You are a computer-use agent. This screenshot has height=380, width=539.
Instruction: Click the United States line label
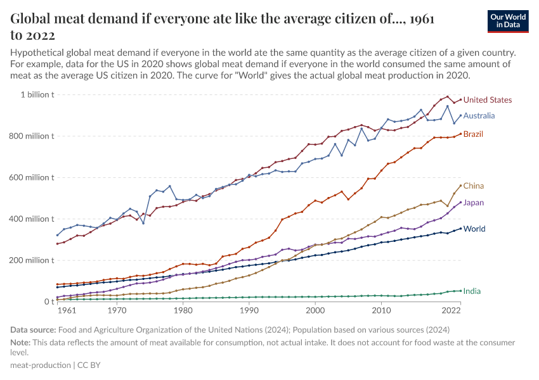[487, 100]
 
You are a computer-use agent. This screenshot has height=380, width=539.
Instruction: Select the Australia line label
[479, 116]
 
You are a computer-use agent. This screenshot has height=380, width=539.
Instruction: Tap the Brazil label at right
[473, 134]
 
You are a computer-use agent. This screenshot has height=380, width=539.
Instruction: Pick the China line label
[473, 186]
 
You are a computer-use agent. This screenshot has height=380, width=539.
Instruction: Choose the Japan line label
[474, 203]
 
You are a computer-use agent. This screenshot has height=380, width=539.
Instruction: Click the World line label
[474, 229]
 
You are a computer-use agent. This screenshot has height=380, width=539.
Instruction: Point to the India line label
[472, 291]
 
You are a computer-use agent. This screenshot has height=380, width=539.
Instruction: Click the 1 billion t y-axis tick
[37, 95]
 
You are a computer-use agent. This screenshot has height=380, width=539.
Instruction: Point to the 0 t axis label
[47, 302]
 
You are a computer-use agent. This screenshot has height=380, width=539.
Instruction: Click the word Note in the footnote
[20, 343]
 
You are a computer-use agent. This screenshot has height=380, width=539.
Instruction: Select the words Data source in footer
[33, 330]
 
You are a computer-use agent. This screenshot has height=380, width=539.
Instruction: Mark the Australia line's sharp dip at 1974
[143, 223]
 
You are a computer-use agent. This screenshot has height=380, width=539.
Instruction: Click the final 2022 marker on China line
[460, 186]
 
